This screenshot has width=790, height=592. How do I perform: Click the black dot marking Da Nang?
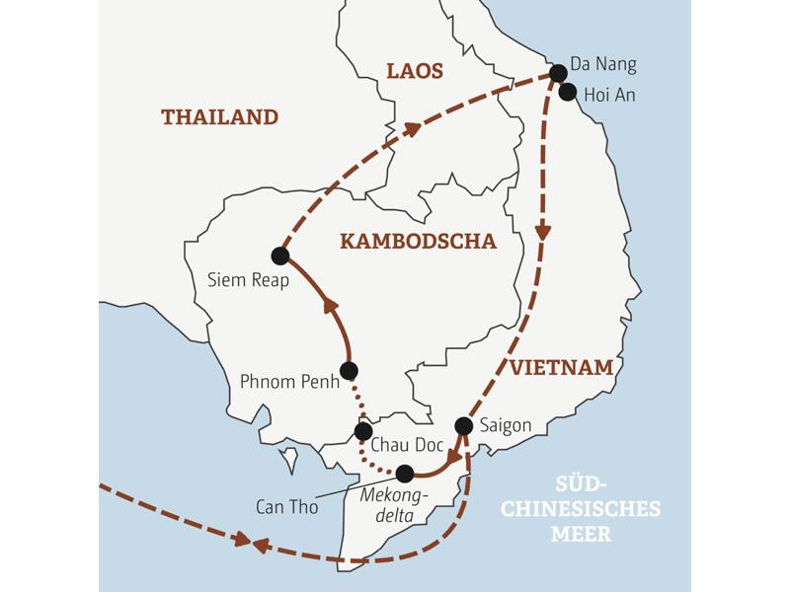[558, 73]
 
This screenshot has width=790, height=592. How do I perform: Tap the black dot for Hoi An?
[568, 93]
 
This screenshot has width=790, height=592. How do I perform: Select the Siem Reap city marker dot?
[279, 257]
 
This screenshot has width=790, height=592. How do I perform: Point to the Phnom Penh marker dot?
[348, 371]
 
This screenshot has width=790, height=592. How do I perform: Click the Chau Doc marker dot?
[363, 431]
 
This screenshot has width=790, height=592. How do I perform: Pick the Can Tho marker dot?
[405, 474]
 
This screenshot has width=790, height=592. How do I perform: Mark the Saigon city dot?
[463, 426]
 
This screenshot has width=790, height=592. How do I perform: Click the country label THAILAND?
[219, 117]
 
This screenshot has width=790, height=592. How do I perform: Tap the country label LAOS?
[415, 71]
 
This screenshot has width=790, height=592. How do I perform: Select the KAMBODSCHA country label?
[418, 242]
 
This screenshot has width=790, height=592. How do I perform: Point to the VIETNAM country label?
[562, 368]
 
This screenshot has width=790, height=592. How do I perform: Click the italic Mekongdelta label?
[393, 502]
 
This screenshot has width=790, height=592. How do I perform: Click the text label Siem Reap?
[249, 281]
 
